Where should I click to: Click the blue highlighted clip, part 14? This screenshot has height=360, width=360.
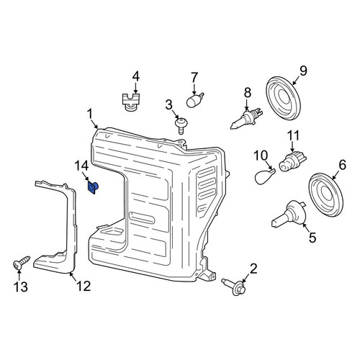pos(94,188)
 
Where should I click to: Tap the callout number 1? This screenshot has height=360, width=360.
pos(90,114)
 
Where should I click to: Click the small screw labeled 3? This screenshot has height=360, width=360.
pos(180,126)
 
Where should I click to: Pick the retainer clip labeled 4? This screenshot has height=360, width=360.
pos(131,102)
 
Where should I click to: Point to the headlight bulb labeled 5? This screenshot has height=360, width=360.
pos(287,214)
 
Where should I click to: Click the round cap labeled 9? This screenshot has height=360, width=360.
pos(284,98)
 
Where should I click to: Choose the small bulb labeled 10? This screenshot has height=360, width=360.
pos(264,176)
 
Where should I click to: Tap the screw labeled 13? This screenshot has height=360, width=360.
pos(21,263)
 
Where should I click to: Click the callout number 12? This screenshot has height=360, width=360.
pos(84,286)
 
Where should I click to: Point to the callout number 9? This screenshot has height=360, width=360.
pos(303,71)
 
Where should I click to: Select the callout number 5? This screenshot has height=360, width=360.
pos(312,238)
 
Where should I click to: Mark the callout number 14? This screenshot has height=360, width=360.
pos(81,166)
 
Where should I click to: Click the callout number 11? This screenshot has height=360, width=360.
pos(293,135)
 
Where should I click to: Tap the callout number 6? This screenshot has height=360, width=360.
pos(342,165)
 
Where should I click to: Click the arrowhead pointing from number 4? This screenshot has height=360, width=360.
pos(135,91)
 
